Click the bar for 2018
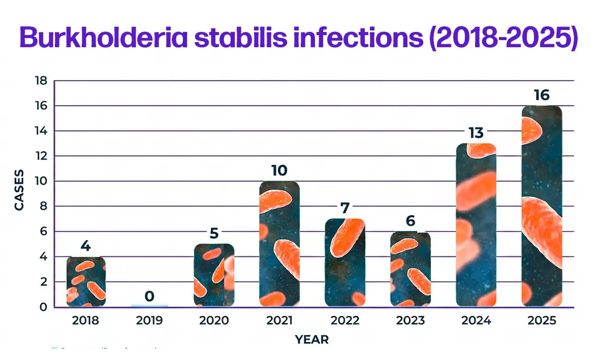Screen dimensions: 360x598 85,282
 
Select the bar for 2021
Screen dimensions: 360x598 279,244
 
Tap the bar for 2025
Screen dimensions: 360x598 542,206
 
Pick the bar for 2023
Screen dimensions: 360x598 410,269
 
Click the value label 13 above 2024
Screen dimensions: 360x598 476,133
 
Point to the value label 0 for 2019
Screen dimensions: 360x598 149,296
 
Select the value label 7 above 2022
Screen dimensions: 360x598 344,208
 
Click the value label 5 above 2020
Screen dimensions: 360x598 214,234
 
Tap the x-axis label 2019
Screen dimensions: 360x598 149,321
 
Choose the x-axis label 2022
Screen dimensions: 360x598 344,321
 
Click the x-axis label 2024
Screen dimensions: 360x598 476,321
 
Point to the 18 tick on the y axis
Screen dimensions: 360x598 41,81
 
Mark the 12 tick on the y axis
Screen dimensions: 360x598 41,156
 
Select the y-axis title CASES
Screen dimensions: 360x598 19,193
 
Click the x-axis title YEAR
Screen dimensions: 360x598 312,340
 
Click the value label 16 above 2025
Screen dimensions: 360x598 542,95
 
